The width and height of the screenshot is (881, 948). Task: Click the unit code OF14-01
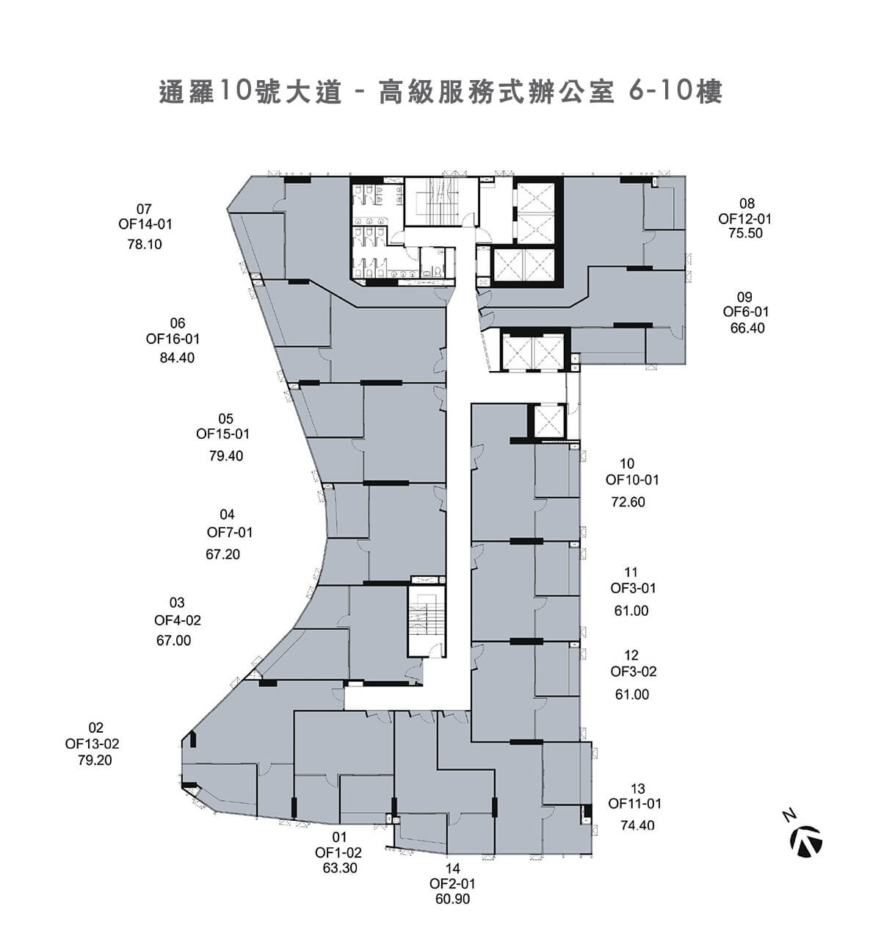coord(145,224)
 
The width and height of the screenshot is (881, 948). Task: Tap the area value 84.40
coord(177,358)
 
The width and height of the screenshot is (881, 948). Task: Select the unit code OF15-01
coord(222,434)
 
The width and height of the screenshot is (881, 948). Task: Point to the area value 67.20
coord(222,554)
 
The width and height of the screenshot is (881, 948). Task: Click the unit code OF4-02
coord(177,620)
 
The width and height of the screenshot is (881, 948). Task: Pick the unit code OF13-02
coord(92,744)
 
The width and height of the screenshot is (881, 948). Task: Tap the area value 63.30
coord(340,868)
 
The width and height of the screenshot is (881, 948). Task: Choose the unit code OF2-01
coord(452,884)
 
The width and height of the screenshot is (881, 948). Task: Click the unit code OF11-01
coord(634,804)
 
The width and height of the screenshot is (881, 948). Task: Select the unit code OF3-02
coord(633,672)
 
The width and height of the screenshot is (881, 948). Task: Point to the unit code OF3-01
coord(633,588)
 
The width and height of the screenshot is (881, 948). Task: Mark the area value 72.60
coord(628,502)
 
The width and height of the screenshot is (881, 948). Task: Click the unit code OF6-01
coord(746,312)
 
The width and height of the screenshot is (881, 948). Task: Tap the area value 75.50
coord(745,233)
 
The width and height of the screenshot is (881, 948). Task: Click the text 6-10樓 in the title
coord(675,92)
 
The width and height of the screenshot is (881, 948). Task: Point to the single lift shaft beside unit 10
coord(548,420)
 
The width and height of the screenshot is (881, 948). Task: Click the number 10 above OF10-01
coord(626,464)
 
